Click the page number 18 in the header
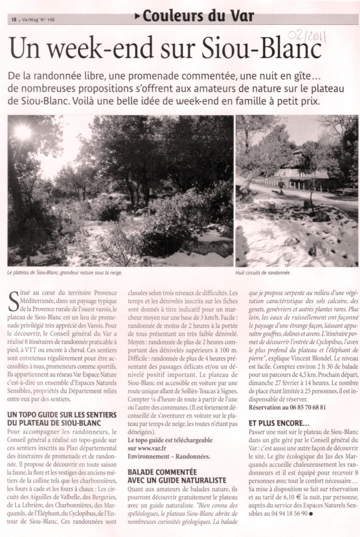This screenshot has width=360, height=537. [13, 20]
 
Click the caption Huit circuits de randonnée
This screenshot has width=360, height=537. [263, 273]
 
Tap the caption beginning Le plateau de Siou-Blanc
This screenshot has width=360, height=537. [64, 273]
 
